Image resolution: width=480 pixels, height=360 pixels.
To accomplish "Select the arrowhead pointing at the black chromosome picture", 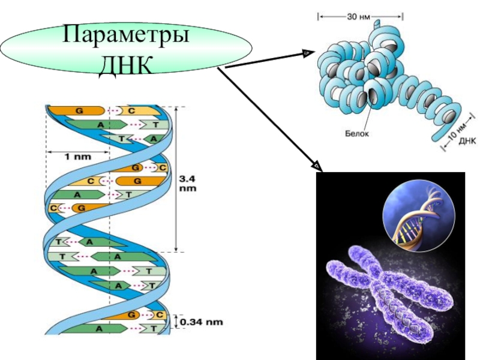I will point(316,165).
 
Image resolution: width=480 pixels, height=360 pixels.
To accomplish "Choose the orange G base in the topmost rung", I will point(78,111).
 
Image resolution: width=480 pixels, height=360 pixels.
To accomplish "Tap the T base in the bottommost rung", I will point(153,329).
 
